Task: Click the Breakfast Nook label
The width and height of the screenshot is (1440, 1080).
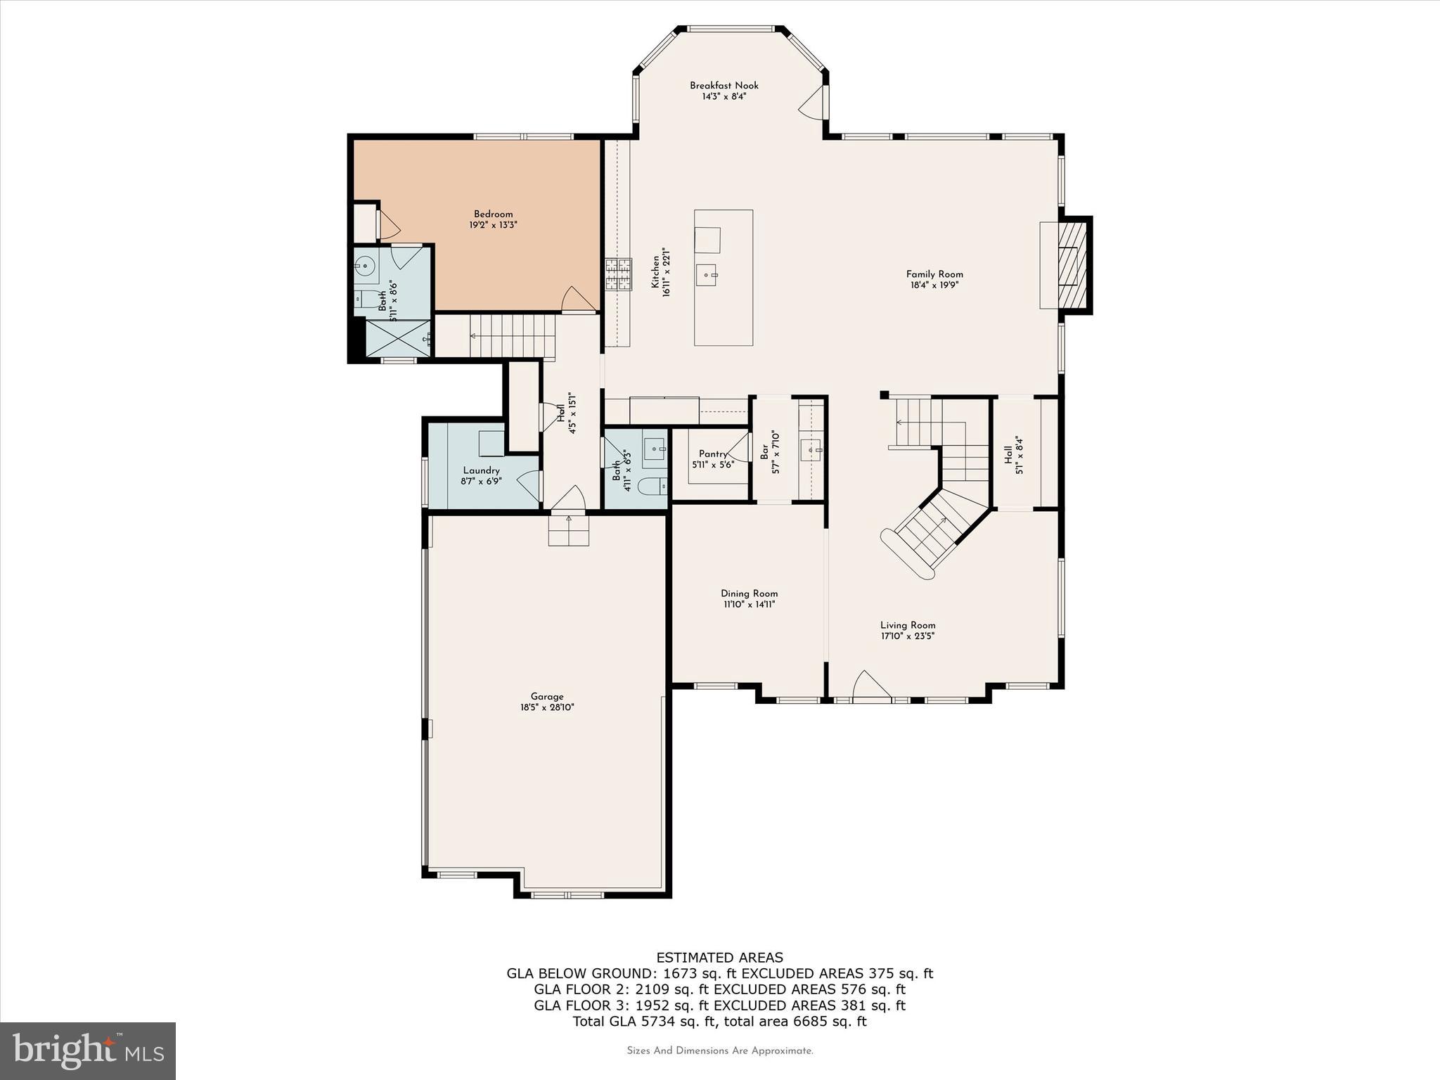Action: click(x=724, y=86)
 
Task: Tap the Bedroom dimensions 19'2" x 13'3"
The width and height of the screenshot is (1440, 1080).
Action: click(x=493, y=225)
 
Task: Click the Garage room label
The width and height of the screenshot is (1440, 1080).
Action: click(x=547, y=697)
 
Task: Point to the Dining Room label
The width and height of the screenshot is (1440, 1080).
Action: click(x=749, y=593)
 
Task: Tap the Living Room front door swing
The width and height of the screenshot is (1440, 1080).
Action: click(x=870, y=686)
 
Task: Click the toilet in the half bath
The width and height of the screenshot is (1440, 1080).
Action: click(x=652, y=485)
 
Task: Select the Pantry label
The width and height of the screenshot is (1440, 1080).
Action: click(x=712, y=454)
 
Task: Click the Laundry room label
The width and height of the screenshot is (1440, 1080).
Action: click(x=481, y=470)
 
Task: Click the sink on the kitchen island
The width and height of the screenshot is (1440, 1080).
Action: click(x=707, y=276)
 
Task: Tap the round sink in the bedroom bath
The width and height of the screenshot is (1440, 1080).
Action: click(x=364, y=265)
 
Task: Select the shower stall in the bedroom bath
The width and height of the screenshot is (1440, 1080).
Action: click(x=398, y=338)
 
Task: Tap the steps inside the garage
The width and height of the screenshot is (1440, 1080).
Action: click(x=568, y=529)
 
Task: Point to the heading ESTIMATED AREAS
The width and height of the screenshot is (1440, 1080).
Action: click(x=719, y=958)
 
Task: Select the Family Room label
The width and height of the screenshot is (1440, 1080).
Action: click(x=934, y=274)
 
